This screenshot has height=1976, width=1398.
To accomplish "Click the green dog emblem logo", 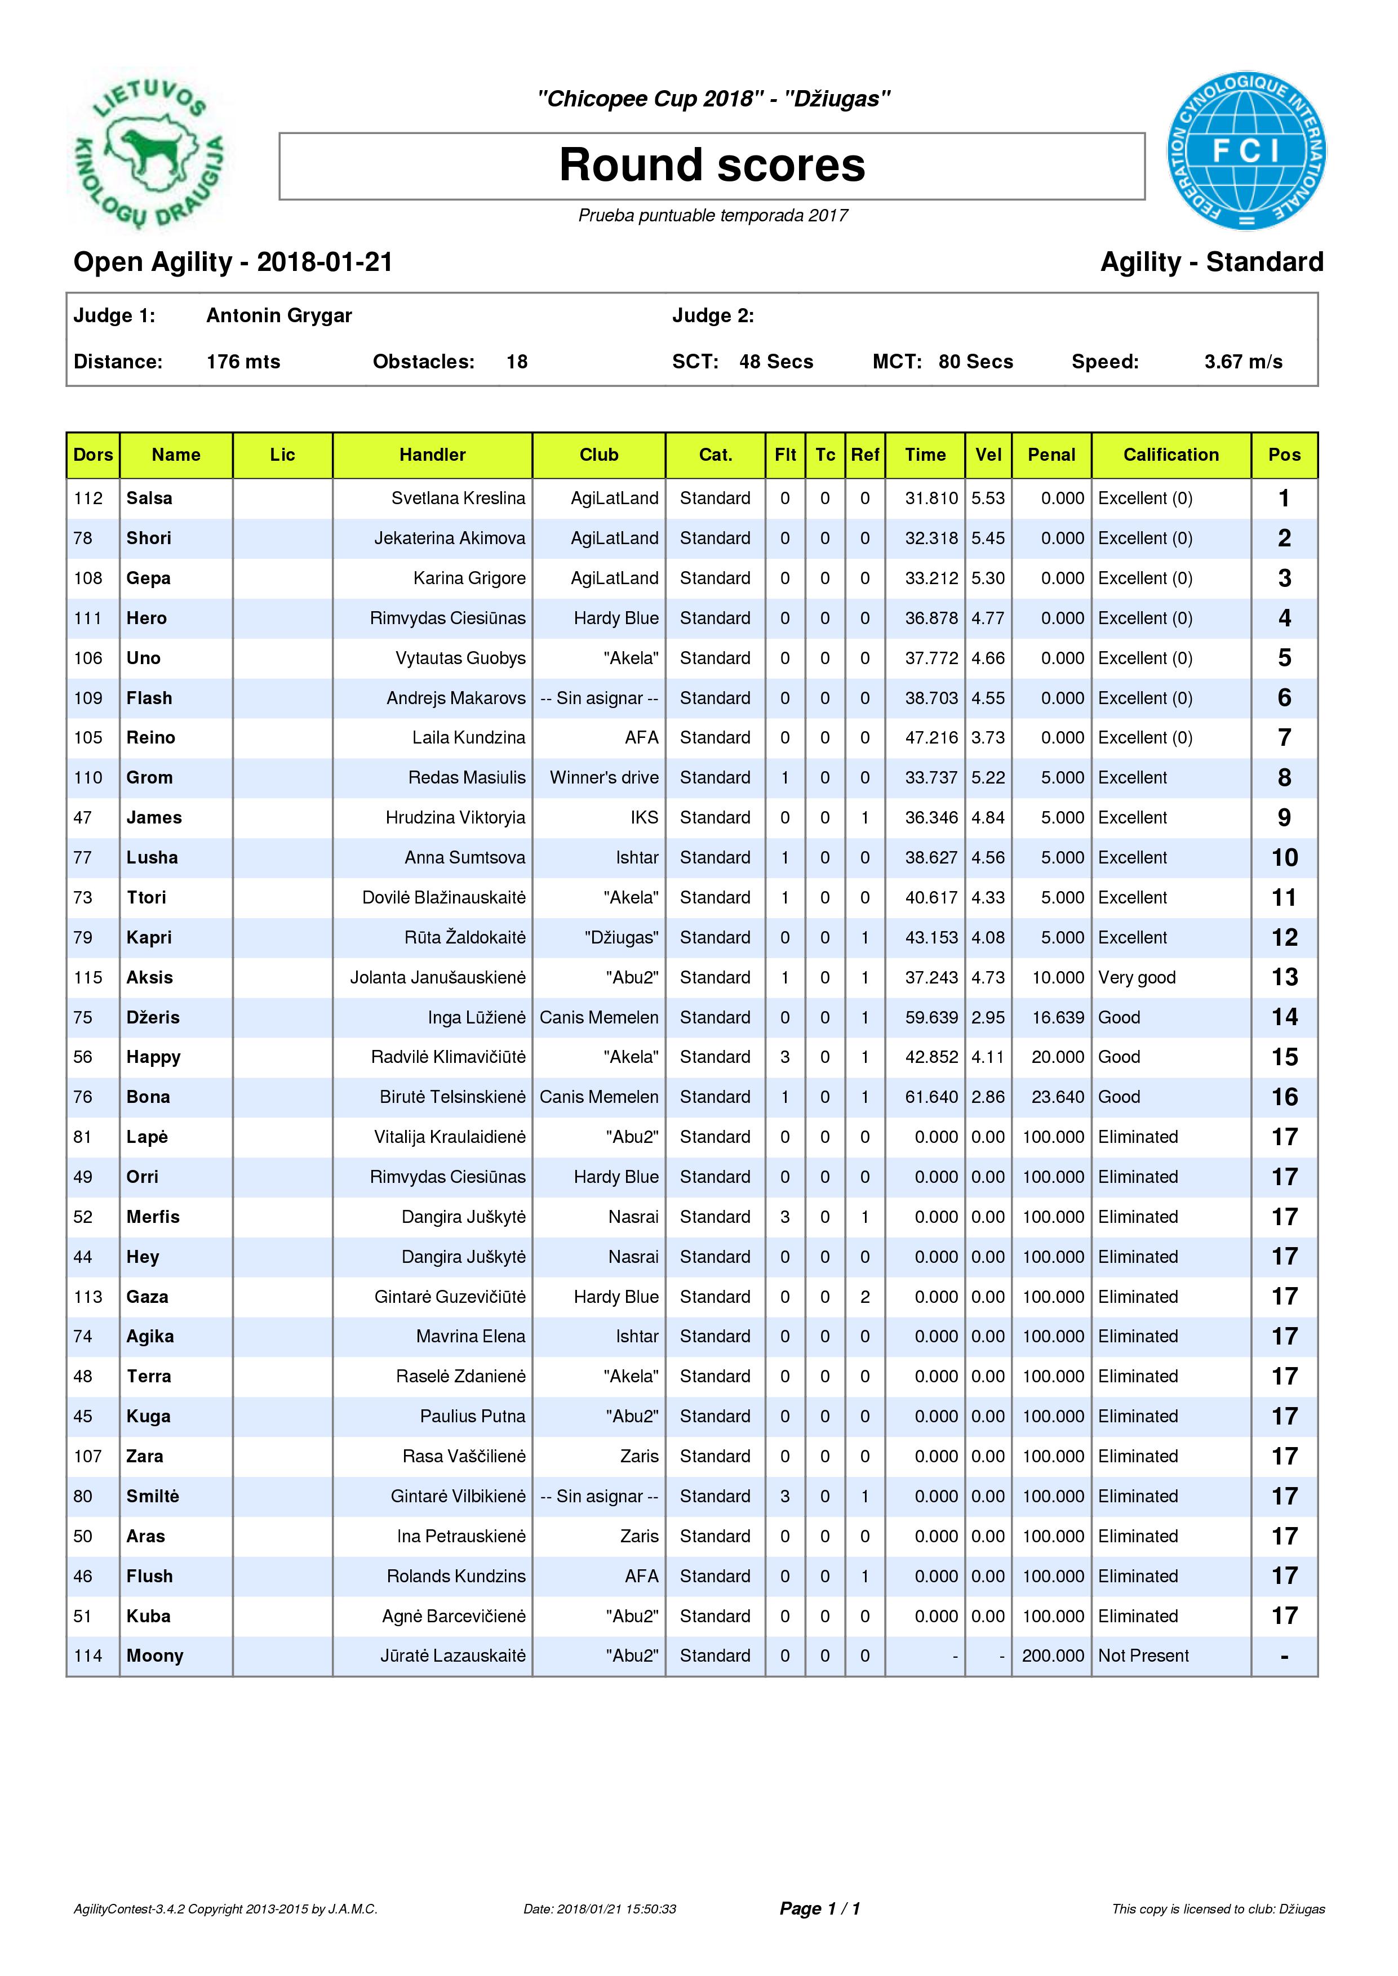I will click(x=149, y=150).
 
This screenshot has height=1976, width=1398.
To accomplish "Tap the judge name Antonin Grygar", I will click(x=279, y=316).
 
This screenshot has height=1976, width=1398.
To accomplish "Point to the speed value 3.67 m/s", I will click(x=1243, y=362).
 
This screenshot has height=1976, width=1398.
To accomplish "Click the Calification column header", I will click(x=1171, y=455).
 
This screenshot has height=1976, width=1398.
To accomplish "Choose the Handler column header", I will click(x=432, y=455).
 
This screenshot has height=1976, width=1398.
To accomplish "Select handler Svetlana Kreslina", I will click(x=458, y=499).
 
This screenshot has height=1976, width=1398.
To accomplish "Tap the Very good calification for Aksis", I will click(x=1137, y=978).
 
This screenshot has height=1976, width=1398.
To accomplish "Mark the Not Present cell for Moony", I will click(x=1143, y=1656).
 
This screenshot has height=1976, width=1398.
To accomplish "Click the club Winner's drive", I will click(x=604, y=778).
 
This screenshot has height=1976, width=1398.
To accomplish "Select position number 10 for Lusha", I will click(x=1284, y=858).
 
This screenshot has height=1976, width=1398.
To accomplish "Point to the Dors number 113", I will click(x=88, y=1297).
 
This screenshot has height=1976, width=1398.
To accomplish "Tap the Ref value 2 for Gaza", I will click(x=865, y=1297).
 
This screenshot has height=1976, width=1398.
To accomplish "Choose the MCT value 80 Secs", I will click(x=975, y=362).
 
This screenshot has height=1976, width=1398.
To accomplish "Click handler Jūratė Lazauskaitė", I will click(x=453, y=1656).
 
